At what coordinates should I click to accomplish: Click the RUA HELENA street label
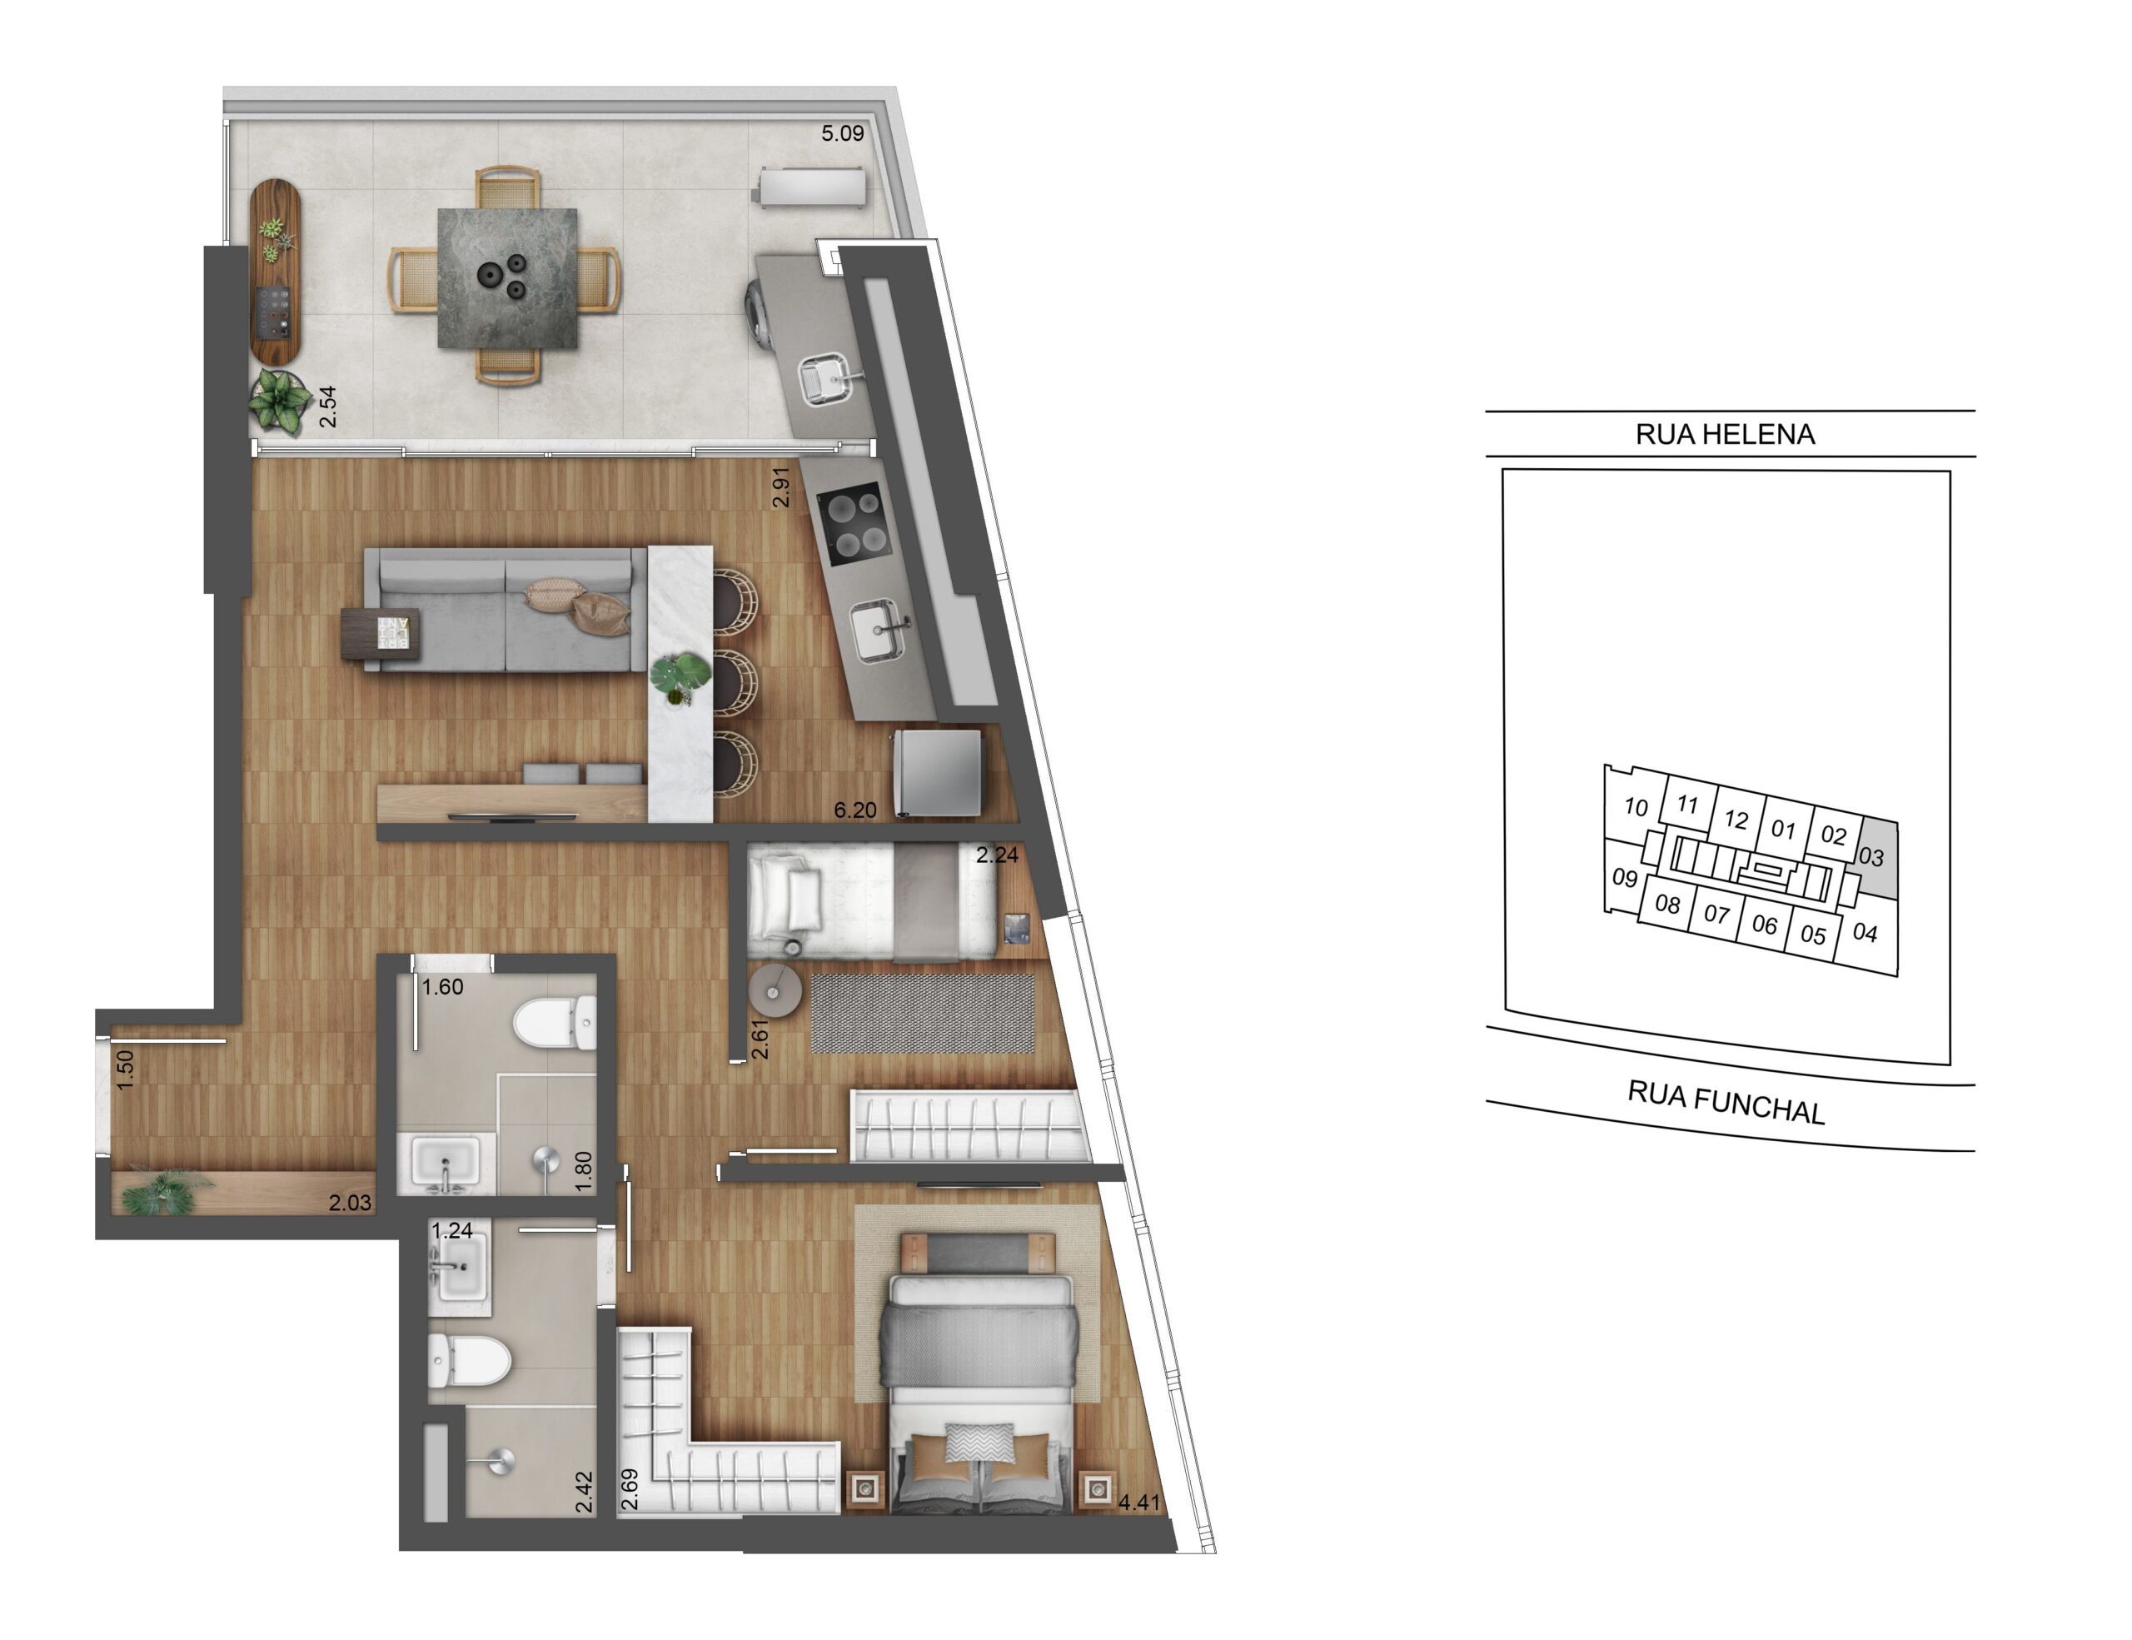click(1725, 435)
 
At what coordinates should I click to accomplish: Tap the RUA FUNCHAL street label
click(1725, 1103)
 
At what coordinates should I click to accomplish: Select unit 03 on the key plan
click(1870, 857)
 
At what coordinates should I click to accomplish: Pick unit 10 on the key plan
click(1636, 806)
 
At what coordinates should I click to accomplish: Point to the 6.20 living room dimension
click(854, 810)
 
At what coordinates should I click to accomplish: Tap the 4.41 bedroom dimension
click(1138, 1502)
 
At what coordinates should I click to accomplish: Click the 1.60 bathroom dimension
click(442, 987)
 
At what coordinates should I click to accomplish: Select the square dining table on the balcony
click(506, 277)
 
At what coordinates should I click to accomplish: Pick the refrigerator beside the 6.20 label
click(937, 772)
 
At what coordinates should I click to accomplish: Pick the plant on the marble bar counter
click(680, 675)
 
